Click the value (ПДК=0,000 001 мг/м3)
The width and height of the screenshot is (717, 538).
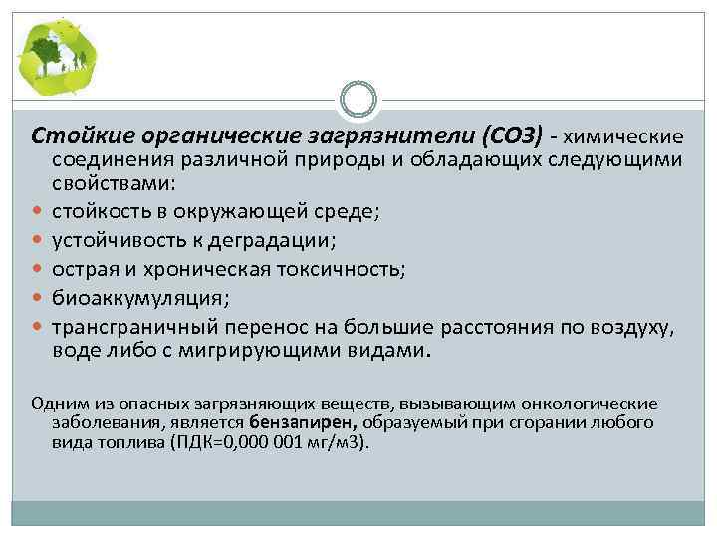coord(269,442)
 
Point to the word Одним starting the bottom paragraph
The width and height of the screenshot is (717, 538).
coord(54,403)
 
